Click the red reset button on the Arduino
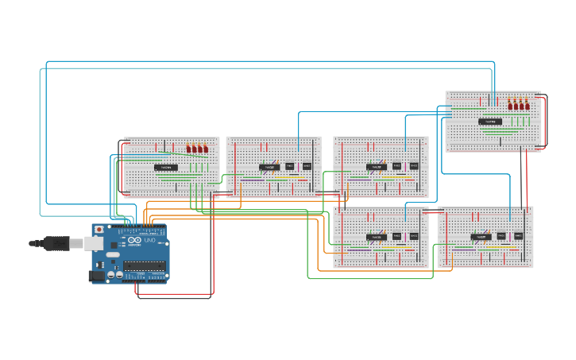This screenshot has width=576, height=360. click(x=99, y=230)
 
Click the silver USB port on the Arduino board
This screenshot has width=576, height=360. click(x=95, y=243)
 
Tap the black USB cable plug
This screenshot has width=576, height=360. click(x=56, y=242)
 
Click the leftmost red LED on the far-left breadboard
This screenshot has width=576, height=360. click(x=189, y=148)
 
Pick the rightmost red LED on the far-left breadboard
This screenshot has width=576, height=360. click(x=206, y=148)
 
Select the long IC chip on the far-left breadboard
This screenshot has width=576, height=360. click(x=166, y=168)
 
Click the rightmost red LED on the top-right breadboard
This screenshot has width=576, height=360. click(x=528, y=105)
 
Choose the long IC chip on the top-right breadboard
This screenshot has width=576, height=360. click(x=490, y=122)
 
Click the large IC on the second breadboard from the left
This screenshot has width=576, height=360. click(x=269, y=167)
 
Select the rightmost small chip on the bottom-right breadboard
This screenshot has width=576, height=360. click(x=518, y=236)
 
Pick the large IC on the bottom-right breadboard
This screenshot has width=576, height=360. click(x=481, y=237)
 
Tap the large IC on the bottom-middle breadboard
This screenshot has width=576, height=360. click(x=377, y=237)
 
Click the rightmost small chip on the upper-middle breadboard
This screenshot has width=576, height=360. click(x=414, y=166)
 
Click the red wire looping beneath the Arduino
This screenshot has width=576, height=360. click(x=175, y=295)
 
